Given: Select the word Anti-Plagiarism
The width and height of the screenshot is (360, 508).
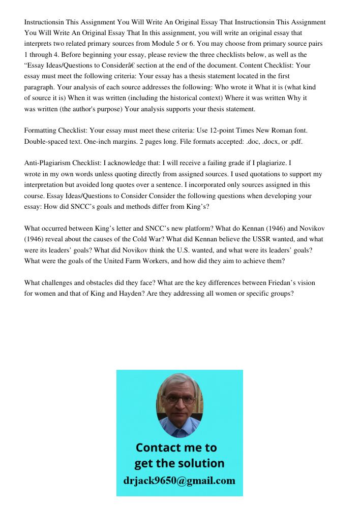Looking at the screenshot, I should click(x=49, y=163).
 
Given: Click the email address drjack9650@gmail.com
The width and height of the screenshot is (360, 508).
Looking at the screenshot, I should click(x=179, y=481).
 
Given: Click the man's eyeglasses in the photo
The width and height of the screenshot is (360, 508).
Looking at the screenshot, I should click(x=179, y=399).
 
